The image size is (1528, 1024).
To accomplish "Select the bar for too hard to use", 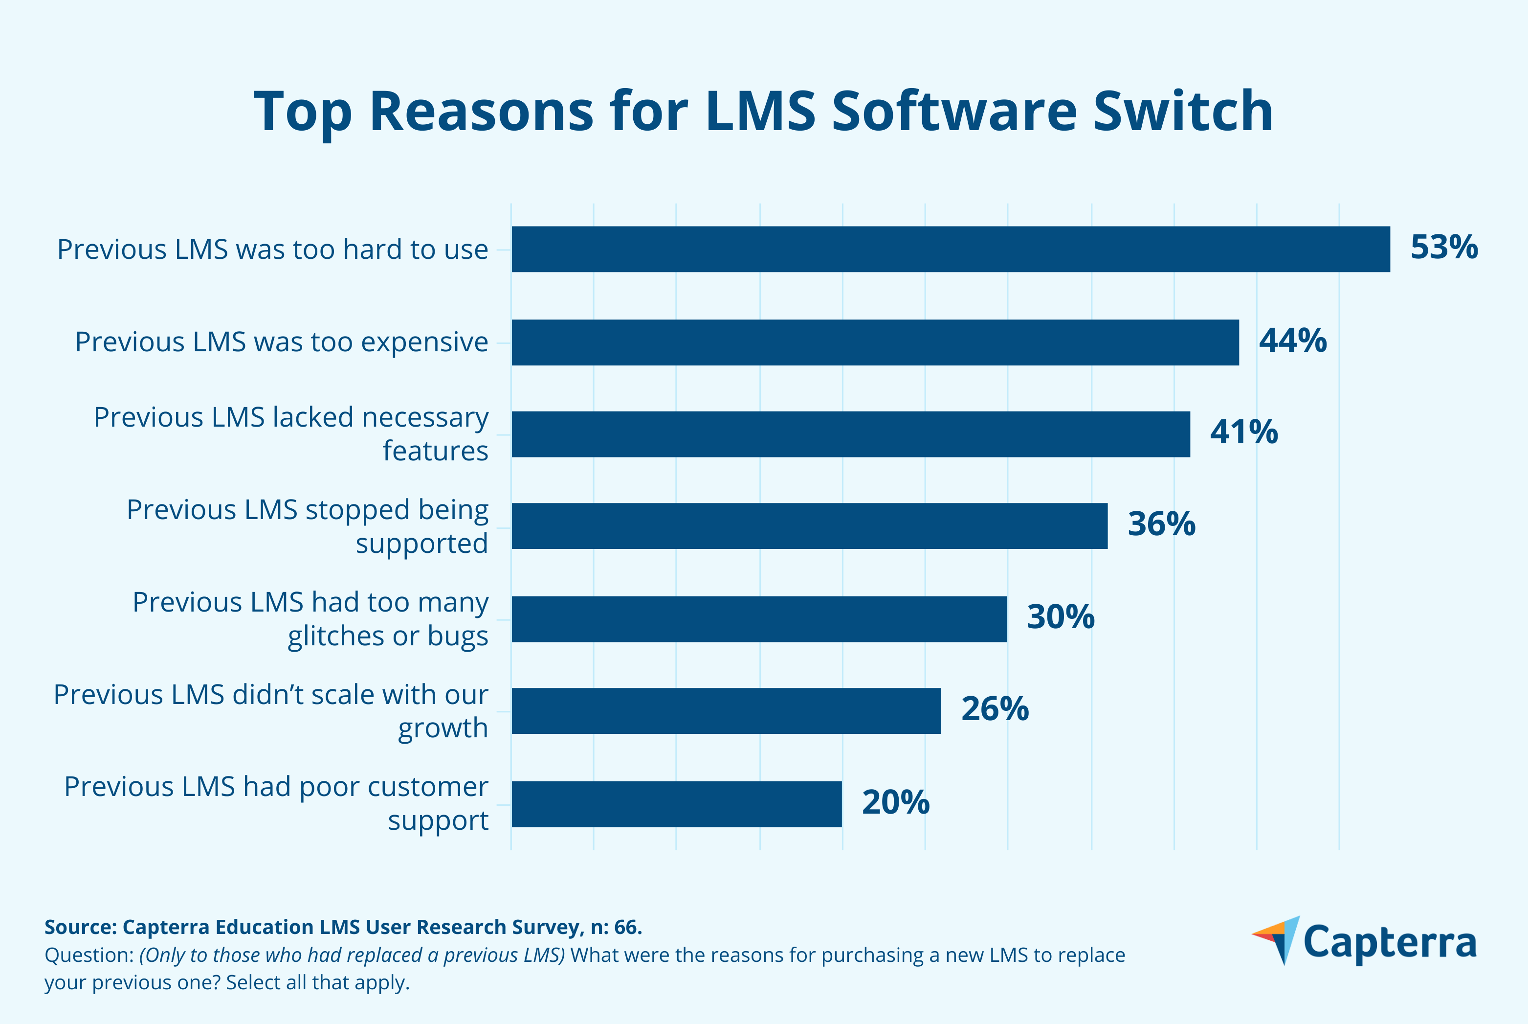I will (951, 249).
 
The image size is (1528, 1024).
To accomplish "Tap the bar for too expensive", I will (875, 342).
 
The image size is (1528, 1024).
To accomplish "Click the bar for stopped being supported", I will (809, 526).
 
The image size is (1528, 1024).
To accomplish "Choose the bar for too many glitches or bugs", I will (759, 618).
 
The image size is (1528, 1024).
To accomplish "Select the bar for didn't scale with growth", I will (726, 710).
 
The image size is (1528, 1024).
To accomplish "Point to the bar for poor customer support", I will (676, 804).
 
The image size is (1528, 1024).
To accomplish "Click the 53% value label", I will (1444, 248).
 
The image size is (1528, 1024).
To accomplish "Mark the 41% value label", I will (1243, 432).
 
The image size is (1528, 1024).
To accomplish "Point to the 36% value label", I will (1161, 524).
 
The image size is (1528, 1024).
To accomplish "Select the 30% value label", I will (1061, 617).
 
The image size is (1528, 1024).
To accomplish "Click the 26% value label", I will (995, 709).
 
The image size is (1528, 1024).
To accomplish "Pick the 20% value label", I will (895, 802).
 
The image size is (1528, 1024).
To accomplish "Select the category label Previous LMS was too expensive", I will (281, 342).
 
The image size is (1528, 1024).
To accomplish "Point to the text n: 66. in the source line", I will (616, 927).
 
